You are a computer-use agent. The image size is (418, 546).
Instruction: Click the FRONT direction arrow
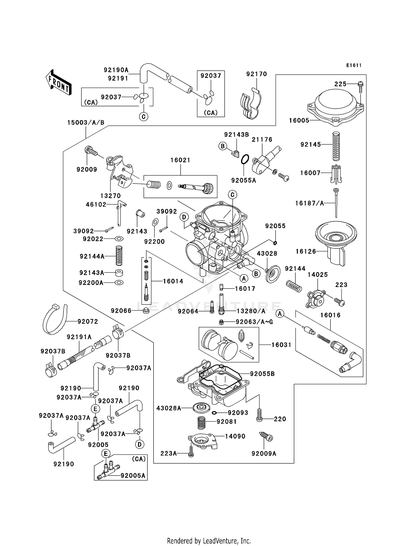coord(59,82)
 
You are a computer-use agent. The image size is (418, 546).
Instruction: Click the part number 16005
coord(299,120)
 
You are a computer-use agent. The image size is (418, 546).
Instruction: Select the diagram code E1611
coord(354,65)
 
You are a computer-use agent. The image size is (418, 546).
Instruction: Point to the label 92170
coord(256,74)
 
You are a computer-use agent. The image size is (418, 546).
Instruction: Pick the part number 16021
coord(180,160)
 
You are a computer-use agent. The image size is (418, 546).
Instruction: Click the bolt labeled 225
coord(360,87)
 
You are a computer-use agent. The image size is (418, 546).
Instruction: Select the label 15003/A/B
coord(86,122)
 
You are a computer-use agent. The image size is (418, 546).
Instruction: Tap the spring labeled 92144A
coord(119,255)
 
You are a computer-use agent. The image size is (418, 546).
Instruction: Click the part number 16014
coord(173,281)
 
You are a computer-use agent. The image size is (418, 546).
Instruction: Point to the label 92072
coord(88,321)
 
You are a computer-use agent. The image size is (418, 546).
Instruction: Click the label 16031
coord(281,345)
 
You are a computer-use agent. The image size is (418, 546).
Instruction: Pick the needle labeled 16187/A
coord(336,203)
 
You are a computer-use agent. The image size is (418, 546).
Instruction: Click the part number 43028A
coord(169,408)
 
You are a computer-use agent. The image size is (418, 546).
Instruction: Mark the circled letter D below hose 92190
coord(140,444)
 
